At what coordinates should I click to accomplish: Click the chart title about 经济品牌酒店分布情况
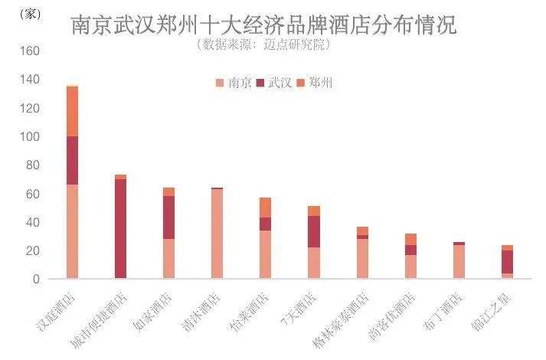click(263, 25)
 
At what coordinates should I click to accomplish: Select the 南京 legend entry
click(234, 83)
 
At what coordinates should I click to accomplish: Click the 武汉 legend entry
click(274, 83)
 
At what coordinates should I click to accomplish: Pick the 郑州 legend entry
click(315, 83)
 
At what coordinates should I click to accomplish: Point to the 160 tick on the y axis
click(29, 51)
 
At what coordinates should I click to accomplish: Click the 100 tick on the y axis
click(29, 137)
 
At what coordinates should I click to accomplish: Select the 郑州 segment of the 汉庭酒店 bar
click(72, 111)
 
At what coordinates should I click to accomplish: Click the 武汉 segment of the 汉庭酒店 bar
click(72, 160)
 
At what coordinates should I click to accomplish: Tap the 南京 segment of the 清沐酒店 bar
click(217, 234)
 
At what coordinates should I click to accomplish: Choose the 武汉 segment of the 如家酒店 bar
click(168, 218)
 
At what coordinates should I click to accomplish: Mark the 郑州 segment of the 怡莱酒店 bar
click(265, 208)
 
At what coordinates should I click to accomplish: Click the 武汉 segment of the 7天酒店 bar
click(313, 231)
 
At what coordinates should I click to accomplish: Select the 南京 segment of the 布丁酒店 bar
click(459, 262)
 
